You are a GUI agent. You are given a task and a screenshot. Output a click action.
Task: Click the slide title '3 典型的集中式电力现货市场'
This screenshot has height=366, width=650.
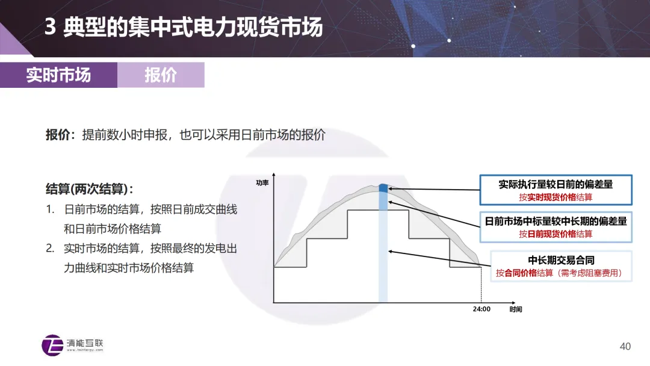183,28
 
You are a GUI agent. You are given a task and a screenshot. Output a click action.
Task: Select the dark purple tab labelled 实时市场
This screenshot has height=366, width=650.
58,75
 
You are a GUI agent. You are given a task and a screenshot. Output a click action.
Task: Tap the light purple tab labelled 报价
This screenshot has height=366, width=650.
161,75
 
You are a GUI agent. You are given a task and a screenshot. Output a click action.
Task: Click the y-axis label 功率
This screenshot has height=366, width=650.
262,182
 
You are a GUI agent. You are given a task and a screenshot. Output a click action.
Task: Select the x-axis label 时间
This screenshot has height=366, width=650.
516,309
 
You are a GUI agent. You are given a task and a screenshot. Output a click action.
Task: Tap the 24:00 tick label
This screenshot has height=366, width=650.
481,309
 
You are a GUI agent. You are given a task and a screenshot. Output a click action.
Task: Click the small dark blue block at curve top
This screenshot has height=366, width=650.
383,188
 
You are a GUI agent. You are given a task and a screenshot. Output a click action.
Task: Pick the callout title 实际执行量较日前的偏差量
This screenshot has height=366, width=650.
556,184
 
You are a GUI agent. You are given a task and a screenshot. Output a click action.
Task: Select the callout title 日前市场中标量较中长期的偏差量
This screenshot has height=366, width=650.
556,221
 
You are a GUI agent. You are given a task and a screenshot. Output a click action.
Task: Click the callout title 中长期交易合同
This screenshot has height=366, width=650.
561,260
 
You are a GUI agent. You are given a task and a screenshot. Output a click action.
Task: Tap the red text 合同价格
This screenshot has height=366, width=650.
519,273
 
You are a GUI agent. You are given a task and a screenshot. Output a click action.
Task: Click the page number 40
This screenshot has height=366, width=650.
625,346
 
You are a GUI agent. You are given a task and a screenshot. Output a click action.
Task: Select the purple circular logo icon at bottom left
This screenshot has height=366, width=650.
52,345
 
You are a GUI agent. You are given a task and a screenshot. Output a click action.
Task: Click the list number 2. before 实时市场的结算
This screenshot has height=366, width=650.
50,248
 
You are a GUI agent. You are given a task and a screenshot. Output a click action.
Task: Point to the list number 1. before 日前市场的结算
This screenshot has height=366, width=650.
50,209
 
